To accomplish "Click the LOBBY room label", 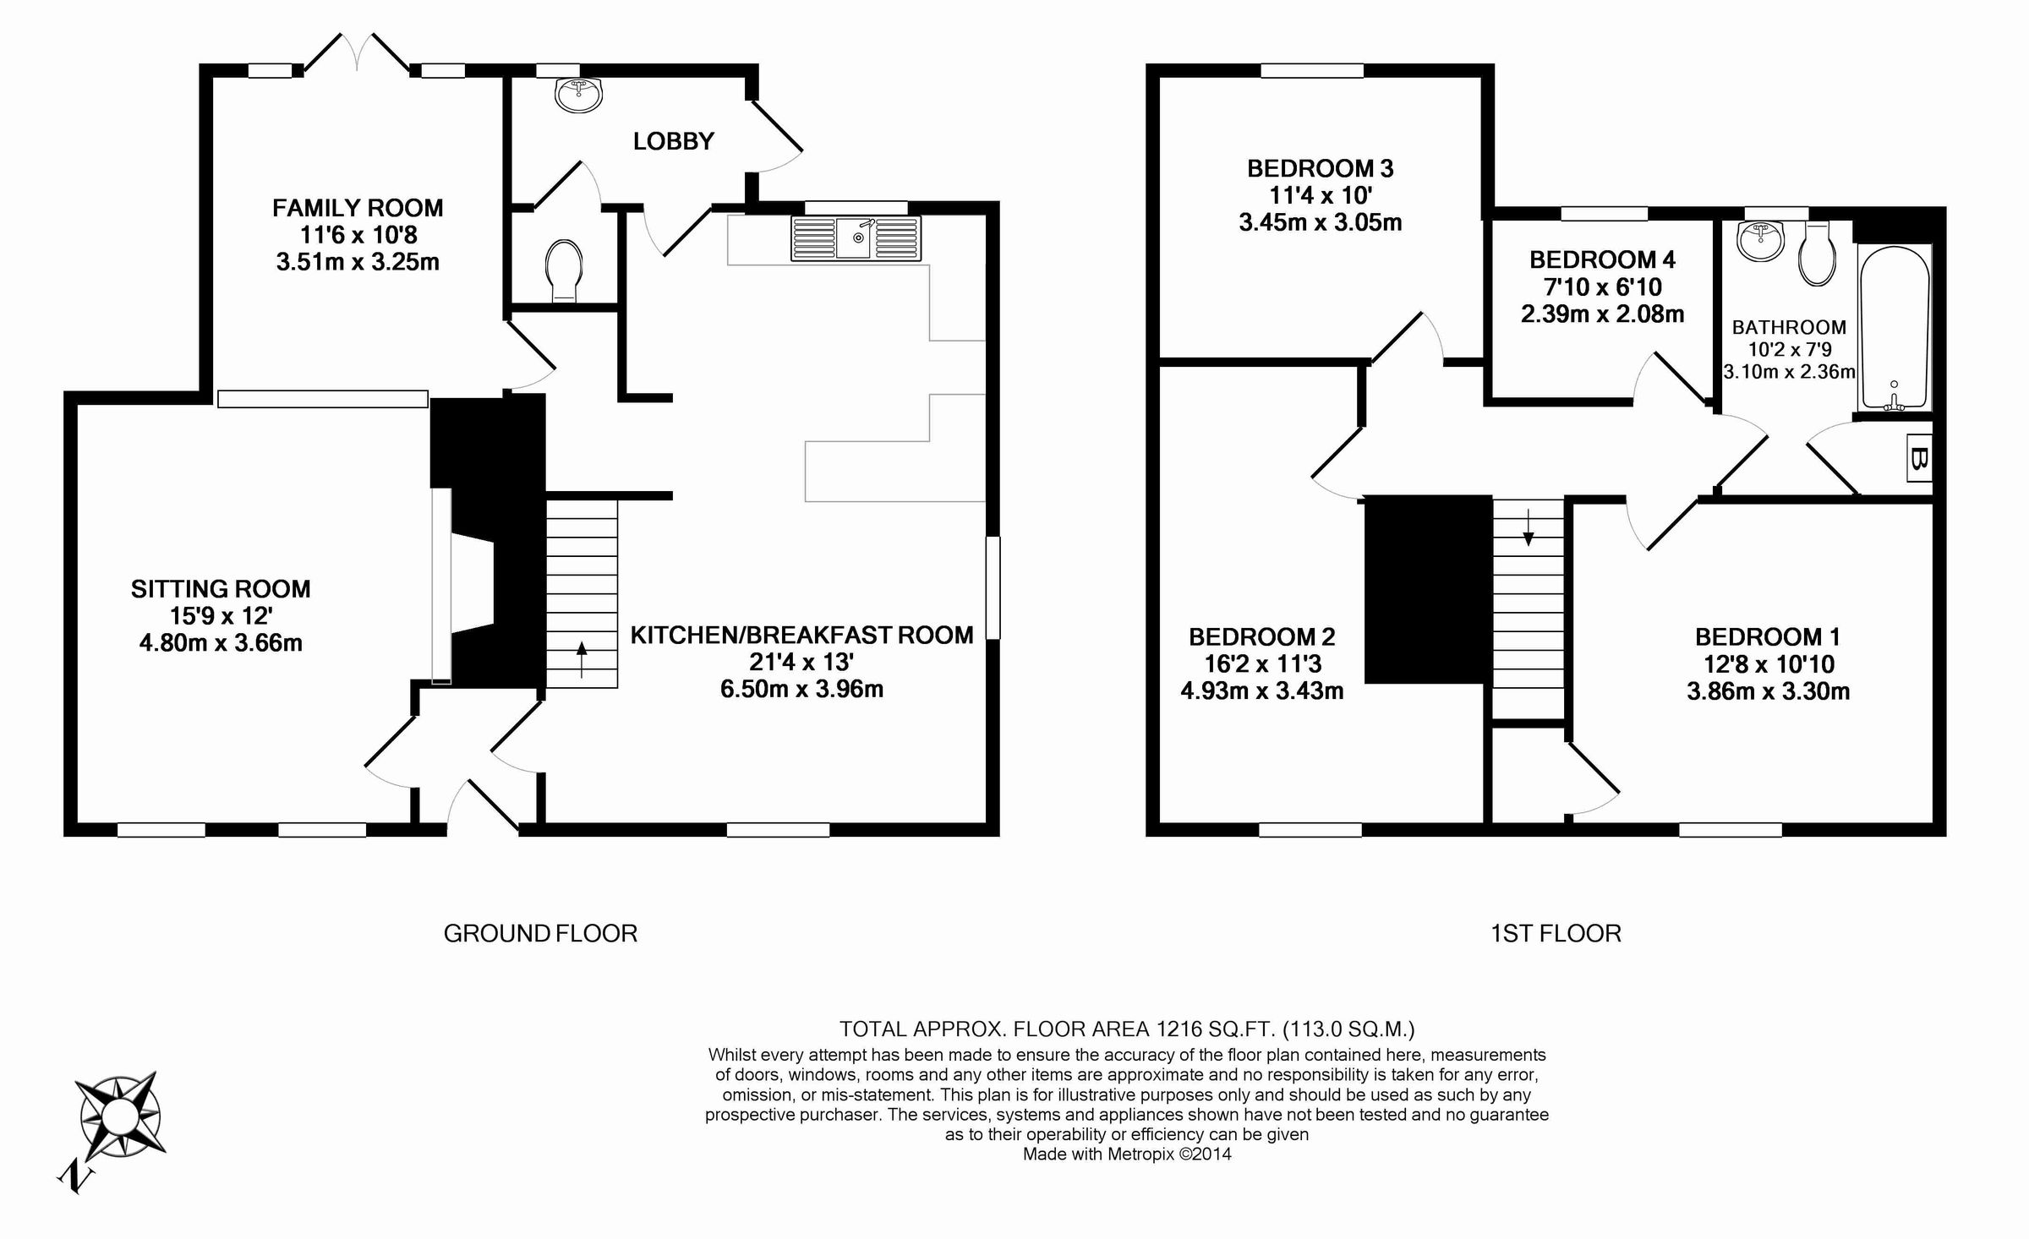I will click(673, 141).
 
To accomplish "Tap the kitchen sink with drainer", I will click(856, 238).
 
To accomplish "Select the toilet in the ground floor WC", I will click(564, 269).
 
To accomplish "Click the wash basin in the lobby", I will click(580, 94).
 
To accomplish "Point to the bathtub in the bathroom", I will click(1894, 328).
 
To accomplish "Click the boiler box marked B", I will click(1919, 458).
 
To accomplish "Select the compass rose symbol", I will click(118, 1118).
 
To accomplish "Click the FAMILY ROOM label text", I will click(358, 208).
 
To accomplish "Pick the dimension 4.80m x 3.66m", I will click(221, 643).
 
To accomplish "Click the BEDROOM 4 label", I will click(1602, 259).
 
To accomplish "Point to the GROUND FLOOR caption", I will click(540, 933).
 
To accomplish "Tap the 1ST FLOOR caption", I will click(1556, 933).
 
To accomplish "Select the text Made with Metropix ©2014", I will click(1127, 1154).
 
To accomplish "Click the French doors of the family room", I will click(357, 52).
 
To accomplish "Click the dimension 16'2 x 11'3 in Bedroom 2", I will click(1261, 664).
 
